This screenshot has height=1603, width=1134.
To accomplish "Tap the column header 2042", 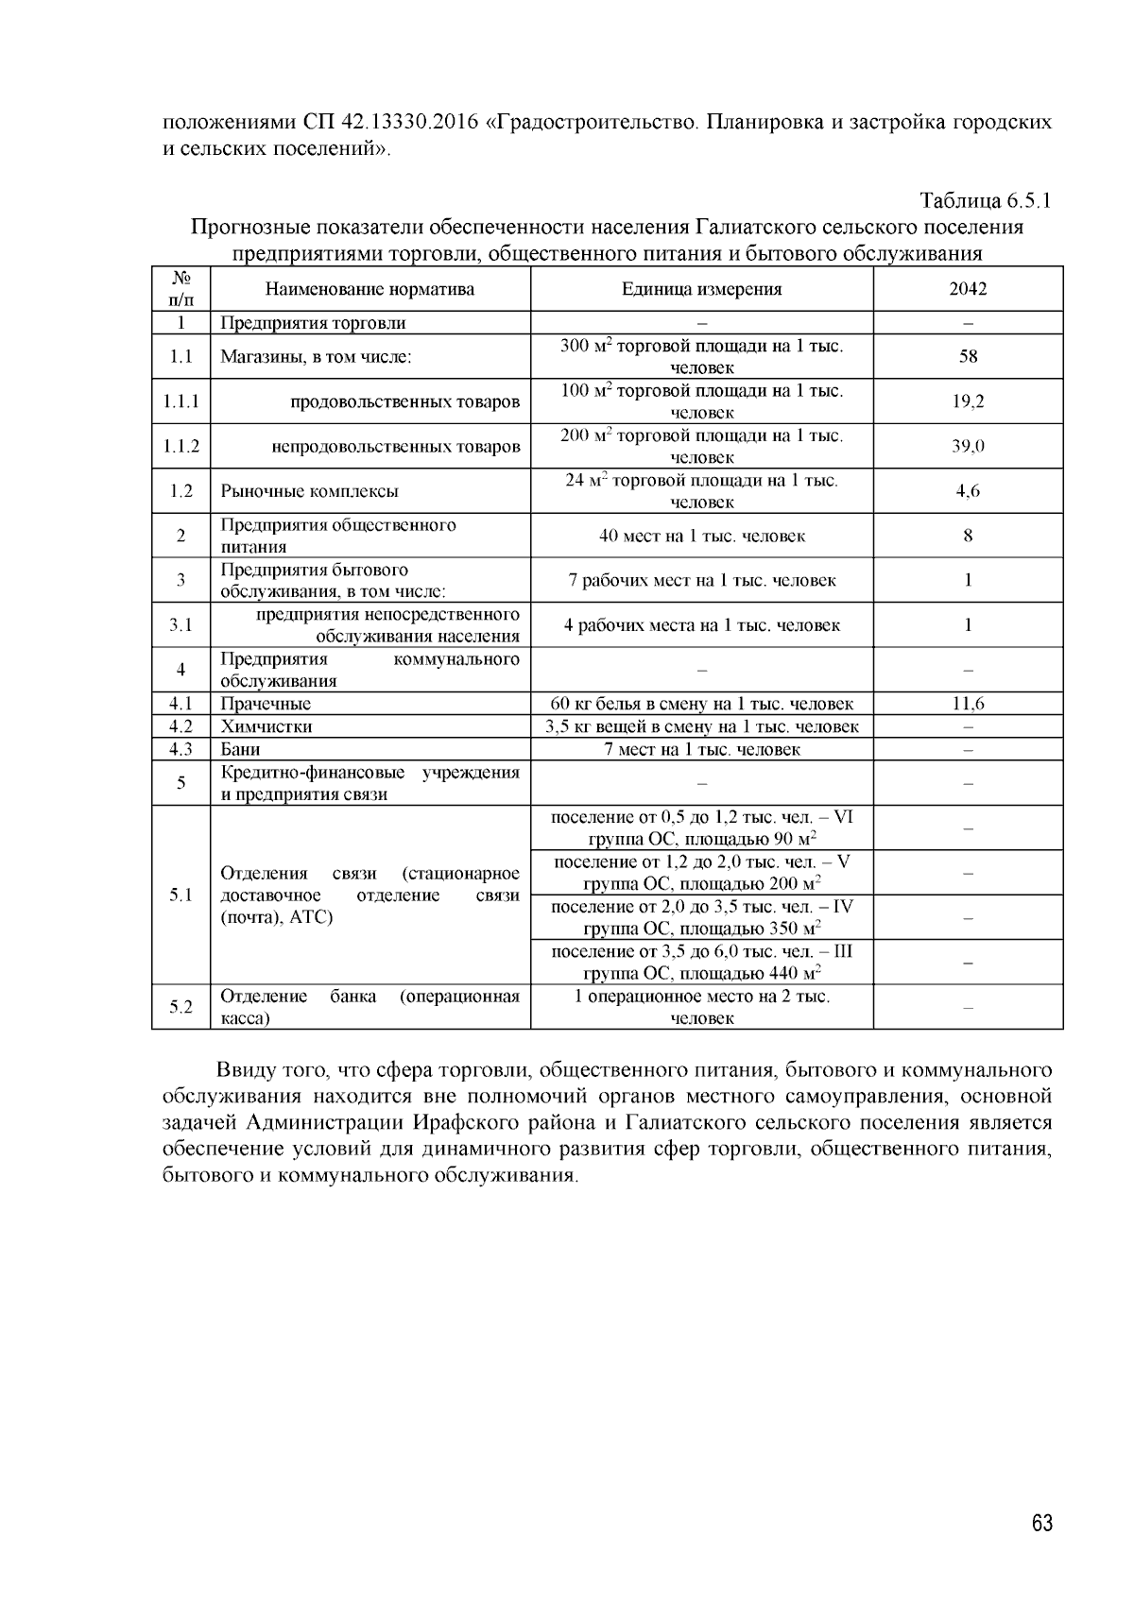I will point(968,289).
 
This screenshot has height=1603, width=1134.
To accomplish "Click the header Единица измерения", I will point(701,289).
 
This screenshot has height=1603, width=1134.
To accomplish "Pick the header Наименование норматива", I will point(369,289).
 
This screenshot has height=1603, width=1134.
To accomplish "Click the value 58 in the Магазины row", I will point(968,356).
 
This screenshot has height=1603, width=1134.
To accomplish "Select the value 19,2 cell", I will point(968,401).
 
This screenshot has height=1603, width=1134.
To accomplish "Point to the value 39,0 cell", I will point(968,446).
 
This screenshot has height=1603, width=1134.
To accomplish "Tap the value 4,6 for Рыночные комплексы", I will point(968,491).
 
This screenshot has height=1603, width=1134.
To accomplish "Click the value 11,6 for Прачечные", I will point(968,704).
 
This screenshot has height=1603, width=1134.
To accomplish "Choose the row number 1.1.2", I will point(180,446).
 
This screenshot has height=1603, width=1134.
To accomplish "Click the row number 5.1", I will point(180,895).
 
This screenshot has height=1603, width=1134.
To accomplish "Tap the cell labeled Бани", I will point(241,749).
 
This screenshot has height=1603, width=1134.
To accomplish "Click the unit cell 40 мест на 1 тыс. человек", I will point(701,536).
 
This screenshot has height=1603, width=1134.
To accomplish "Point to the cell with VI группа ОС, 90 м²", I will point(701,827).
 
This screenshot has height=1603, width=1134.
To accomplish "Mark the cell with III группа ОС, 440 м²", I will point(701,962).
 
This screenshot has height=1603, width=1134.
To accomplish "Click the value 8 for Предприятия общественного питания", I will point(968,536).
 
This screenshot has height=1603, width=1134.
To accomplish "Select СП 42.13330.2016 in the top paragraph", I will point(390,123).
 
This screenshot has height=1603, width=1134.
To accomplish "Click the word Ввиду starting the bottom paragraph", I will point(244,1070).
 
